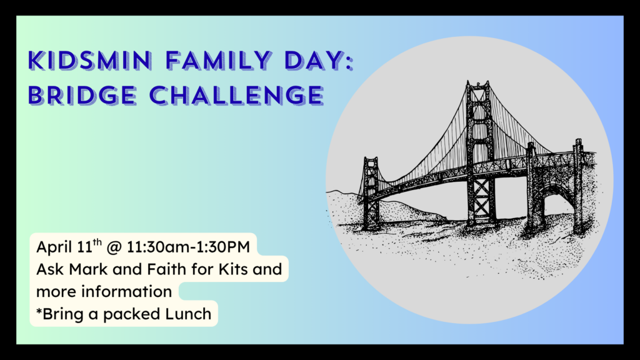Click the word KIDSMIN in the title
90,61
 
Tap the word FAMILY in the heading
218,61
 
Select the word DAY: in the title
319,61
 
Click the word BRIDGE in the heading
82,96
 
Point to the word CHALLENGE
237,96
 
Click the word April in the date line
54,247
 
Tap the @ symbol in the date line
114,247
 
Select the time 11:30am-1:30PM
188,247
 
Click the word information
126,291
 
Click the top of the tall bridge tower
478,83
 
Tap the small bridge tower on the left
371,192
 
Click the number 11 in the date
84,247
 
